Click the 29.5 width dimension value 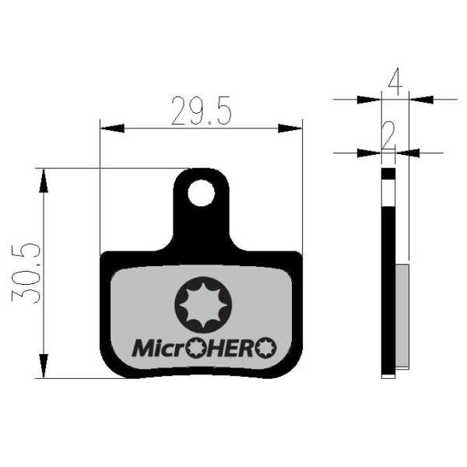click(x=202, y=111)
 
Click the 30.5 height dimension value click(x=26, y=273)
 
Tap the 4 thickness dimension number click(x=395, y=77)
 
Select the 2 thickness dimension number click(x=388, y=135)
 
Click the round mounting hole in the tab click(x=202, y=193)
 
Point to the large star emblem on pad click(x=203, y=304)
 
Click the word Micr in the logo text click(x=159, y=348)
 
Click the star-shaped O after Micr click(x=195, y=348)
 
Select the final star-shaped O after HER click(x=265, y=348)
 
